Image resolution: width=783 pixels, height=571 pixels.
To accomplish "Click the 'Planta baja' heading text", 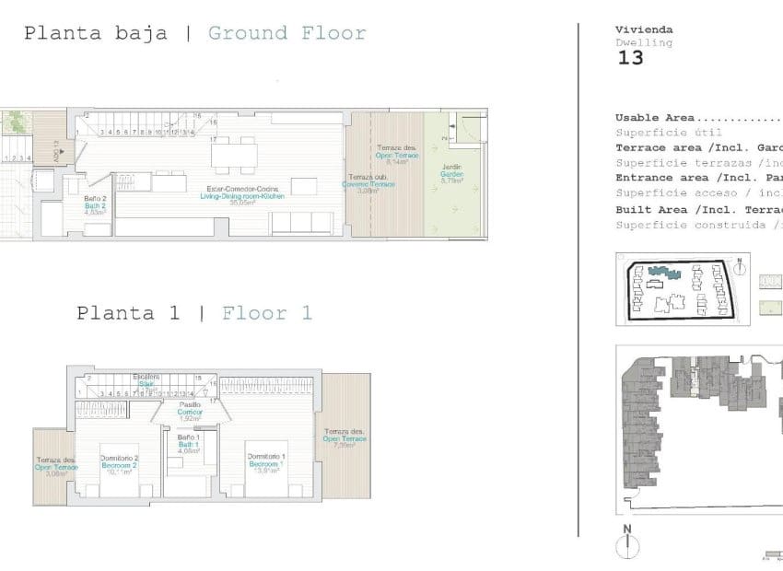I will tap(95, 34).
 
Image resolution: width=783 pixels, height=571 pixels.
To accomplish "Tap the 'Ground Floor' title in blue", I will tap(286, 34).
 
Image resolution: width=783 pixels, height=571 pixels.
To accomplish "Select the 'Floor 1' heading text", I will tap(266, 313).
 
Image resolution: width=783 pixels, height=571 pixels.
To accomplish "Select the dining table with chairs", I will tap(233, 154).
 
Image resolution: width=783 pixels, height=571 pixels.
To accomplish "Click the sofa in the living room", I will tap(302, 223).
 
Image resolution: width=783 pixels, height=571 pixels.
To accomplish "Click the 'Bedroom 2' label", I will tap(120, 465).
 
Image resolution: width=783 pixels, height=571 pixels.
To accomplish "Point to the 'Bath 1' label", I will tap(189, 445).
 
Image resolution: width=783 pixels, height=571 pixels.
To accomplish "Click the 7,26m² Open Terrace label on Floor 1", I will tap(344, 438).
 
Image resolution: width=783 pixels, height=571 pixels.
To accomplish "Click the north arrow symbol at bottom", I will tap(627, 543).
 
